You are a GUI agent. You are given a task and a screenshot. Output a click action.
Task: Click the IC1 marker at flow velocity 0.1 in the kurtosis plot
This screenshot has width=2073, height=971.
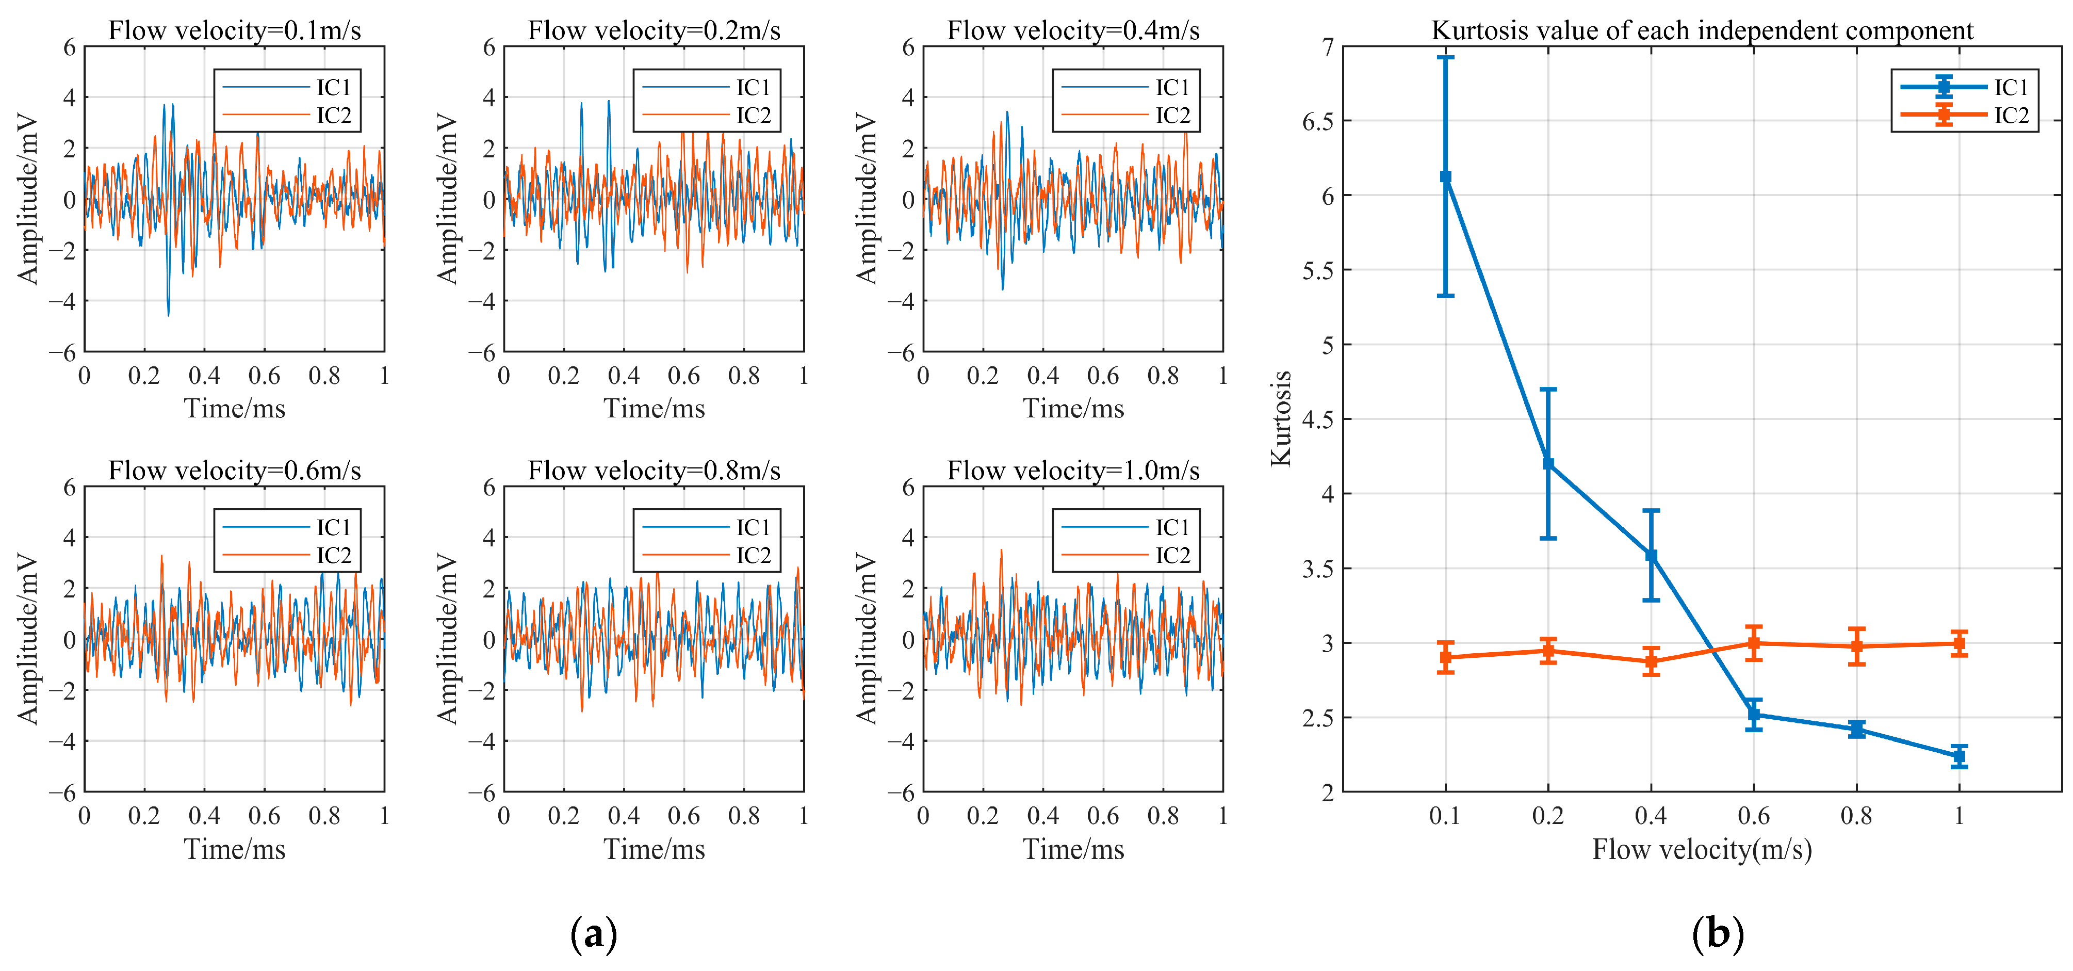tap(1445, 176)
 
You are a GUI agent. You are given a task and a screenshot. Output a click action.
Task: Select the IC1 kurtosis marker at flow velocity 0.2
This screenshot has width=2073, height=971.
tap(1547, 464)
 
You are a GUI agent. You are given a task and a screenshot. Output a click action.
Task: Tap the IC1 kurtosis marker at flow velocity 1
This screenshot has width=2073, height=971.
tap(1958, 756)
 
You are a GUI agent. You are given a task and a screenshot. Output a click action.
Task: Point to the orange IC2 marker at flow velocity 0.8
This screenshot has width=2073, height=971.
tap(1856, 646)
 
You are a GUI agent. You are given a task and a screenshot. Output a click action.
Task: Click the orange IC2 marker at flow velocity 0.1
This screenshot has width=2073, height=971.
tap(1445, 657)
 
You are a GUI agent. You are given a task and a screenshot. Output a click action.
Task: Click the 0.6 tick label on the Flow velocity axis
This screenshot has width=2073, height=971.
tap(1754, 816)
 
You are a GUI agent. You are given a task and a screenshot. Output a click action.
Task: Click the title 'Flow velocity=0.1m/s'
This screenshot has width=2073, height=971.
tap(234, 30)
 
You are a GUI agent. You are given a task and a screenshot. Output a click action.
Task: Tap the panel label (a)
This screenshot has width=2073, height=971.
tap(593, 934)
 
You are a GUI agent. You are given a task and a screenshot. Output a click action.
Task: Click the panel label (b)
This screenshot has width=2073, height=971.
tap(1717, 934)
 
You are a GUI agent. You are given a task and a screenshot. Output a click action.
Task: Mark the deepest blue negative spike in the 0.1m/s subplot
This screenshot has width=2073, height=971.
tap(168, 314)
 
